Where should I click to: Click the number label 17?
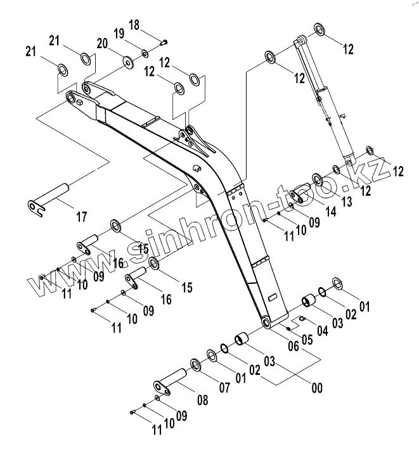(82, 217)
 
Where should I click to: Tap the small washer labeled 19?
(145, 52)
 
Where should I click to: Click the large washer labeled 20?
(129, 62)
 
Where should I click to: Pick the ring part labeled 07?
(194, 365)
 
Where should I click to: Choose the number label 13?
(347, 201)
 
